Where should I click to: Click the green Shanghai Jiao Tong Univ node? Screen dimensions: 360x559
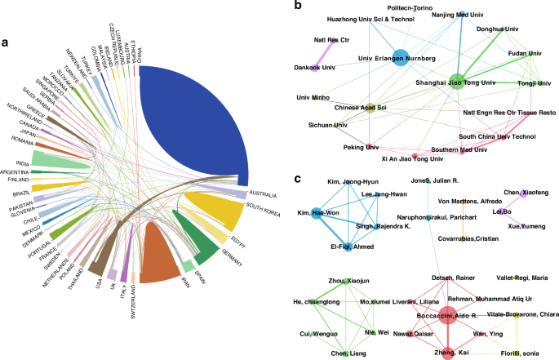point(457,80)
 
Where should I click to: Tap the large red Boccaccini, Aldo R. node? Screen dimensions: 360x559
point(447,316)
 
